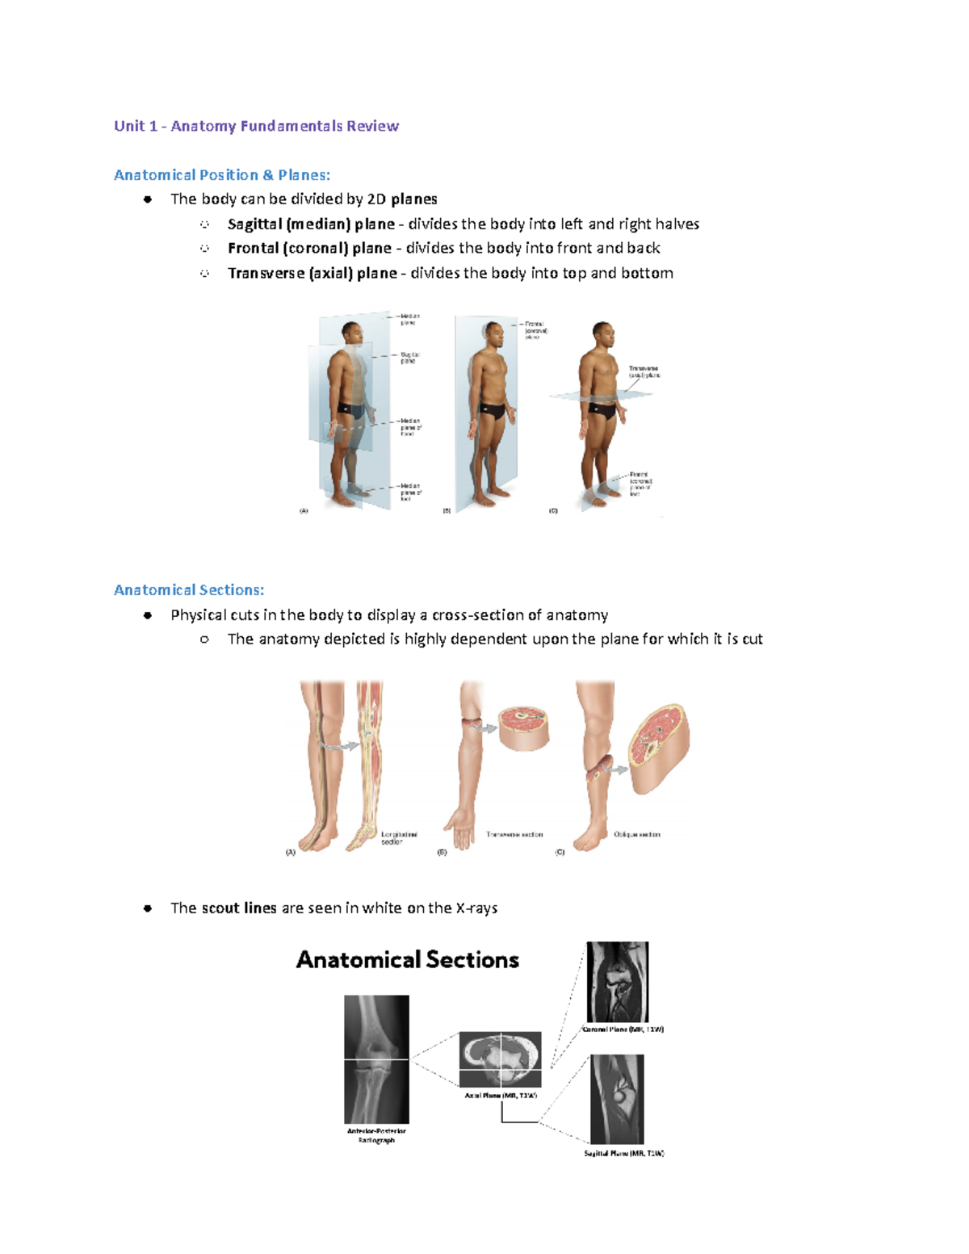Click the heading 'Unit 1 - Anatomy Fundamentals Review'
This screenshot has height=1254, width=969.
click(x=256, y=126)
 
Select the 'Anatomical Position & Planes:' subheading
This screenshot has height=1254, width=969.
click(x=222, y=175)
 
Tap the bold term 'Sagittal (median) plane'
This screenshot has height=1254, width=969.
click(x=311, y=224)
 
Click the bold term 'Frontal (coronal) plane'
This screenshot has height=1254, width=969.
click(x=309, y=249)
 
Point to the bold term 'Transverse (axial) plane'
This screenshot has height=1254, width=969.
click(x=312, y=274)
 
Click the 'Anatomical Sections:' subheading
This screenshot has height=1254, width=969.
click(x=189, y=590)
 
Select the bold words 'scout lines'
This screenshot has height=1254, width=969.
click(x=239, y=908)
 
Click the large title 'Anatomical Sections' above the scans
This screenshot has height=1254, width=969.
click(x=407, y=960)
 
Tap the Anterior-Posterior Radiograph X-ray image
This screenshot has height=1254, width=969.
click(x=376, y=1059)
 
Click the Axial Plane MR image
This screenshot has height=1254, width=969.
click(x=501, y=1059)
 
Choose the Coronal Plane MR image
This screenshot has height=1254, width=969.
click(x=617, y=982)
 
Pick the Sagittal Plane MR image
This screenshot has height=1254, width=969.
click(x=617, y=1099)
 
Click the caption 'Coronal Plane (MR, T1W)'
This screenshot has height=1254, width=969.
click(x=623, y=1030)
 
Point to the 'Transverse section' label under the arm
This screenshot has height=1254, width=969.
click(x=514, y=835)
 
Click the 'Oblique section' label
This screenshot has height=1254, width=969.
click(x=637, y=835)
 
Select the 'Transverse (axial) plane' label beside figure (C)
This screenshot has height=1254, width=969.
click(x=644, y=371)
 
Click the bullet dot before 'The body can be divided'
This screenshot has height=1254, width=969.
click(x=148, y=199)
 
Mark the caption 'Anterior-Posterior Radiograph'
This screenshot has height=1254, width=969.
click(x=376, y=1135)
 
